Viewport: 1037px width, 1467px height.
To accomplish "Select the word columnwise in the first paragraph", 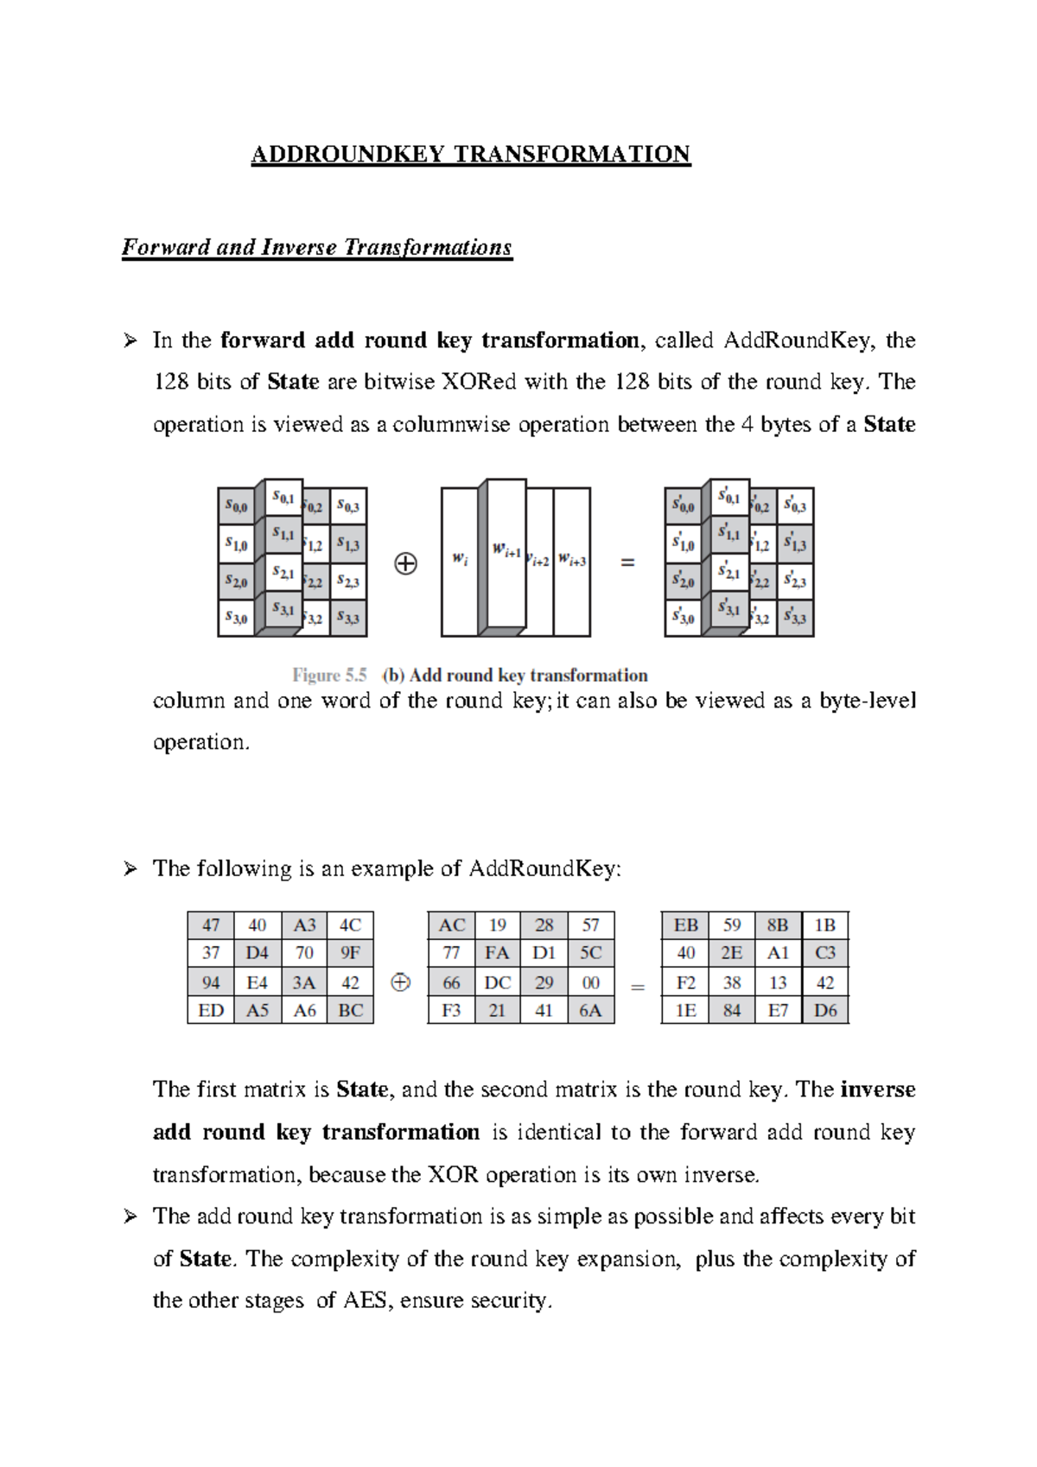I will point(451,425).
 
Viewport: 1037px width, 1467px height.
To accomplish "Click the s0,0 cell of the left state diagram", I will point(236,506).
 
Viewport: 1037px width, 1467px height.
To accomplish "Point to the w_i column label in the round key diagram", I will point(460,560).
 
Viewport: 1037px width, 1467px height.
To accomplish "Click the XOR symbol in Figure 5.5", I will point(405,563).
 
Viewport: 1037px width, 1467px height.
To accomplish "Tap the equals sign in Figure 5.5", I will point(628,562).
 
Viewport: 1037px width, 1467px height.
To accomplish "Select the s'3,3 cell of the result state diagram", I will point(795,618).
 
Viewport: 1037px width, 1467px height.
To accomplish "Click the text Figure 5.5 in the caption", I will point(329,676).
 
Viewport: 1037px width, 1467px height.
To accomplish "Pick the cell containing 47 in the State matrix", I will point(211,925).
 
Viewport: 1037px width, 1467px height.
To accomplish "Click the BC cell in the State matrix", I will point(350,1010).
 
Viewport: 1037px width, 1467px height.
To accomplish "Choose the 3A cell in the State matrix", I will point(304,982).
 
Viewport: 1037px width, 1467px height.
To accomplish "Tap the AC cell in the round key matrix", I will point(451,925).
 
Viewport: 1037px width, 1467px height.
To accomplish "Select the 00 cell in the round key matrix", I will point(590,982).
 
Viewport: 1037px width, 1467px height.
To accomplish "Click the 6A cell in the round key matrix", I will point(590,1010).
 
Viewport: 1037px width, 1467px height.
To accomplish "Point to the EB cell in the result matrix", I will point(685,925).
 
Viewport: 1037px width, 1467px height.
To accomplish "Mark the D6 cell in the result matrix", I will point(825,1010).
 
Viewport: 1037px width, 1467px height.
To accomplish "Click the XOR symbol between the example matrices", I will point(400,982).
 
